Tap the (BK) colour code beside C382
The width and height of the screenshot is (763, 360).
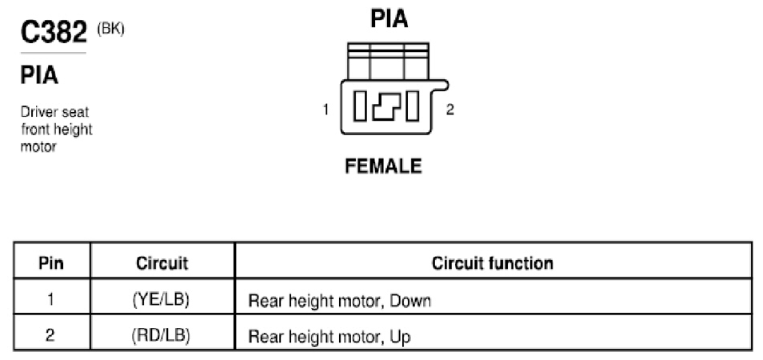pyautogui.click(x=110, y=29)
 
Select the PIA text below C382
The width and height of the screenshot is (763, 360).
pyautogui.click(x=39, y=76)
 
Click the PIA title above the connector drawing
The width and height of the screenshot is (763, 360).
pyautogui.click(x=389, y=18)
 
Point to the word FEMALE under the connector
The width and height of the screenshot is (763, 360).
pyautogui.click(x=383, y=166)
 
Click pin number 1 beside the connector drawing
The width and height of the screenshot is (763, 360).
pyautogui.click(x=326, y=110)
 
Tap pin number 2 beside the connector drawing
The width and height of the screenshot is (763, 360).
pyautogui.click(x=450, y=110)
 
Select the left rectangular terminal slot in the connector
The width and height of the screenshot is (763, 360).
pyautogui.click(x=360, y=106)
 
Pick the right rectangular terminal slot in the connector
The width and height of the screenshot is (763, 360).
pyautogui.click(x=412, y=106)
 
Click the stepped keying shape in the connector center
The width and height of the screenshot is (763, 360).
pyautogui.click(x=386, y=106)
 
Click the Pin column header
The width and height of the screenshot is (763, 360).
pyautogui.click(x=51, y=263)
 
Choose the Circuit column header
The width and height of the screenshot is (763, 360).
pyautogui.click(x=162, y=263)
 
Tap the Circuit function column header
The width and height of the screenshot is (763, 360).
pyautogui.click(x=493, y=263)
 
